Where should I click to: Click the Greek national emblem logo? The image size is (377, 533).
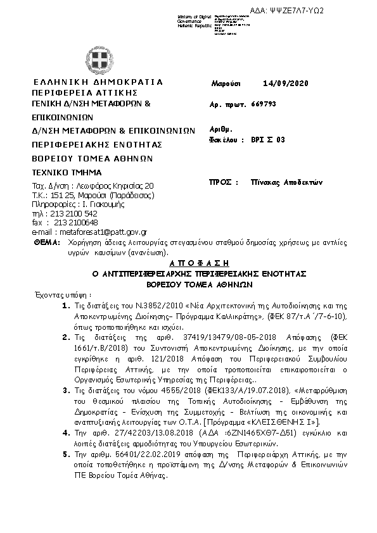click(97, 59)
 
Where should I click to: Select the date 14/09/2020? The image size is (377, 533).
click(286, 84)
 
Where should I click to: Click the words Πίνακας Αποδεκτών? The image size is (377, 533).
click(285, 182)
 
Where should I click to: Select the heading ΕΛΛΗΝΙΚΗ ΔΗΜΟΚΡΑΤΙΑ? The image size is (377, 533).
click(98, 82)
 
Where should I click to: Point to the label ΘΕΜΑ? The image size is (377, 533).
click(46, 242)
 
